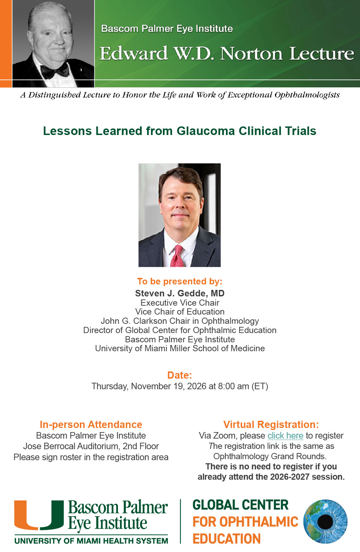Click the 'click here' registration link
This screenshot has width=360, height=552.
click(x=285, y=436)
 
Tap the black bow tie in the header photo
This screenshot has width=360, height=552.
click(x=55, y=71)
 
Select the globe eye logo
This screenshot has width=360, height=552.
click(x=325, y=522)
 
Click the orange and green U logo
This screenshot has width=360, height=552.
click(x=39, y=515)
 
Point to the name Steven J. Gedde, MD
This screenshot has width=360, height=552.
click(x=180, y=293)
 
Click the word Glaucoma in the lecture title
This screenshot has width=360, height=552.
click(x=205, y=131)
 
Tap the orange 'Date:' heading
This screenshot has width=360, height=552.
click(x=180, y=375)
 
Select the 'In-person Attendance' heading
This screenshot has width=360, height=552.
click(x=91, y=425)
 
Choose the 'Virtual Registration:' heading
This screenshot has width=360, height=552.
click(x=271, y=425)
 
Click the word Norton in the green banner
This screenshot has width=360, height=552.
click(x=251, y=54)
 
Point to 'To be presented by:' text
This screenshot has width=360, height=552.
click(x=180, y=281)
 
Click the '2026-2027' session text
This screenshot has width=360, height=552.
click(x=290, y=477)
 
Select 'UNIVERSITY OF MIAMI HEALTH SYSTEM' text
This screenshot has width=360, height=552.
click(x=91, y=541)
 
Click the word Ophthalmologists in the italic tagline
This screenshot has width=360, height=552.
click(x=307, y=95)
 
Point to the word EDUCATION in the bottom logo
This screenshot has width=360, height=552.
click(x=226, y=539)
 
